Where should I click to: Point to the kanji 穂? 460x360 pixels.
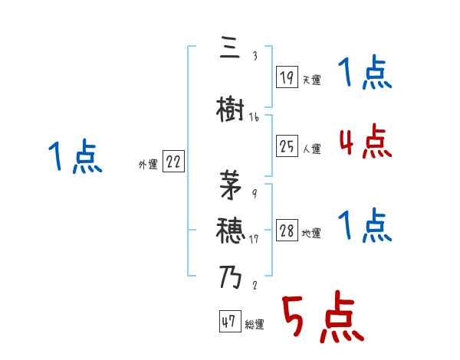[x=231, y=227]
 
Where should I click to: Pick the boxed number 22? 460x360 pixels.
[x=172, y=162]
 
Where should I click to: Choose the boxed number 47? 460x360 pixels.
[x=229, y=322]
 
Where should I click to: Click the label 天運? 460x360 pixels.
[x=311, y=80]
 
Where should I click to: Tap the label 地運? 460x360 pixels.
[x=311, y=234]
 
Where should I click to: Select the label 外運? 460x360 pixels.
[x=147, y=164]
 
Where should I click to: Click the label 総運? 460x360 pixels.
[x=255, y=325]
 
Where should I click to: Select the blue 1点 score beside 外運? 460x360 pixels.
[x=75, y=157]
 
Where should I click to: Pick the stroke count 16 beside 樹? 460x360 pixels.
[x=254, y=117]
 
